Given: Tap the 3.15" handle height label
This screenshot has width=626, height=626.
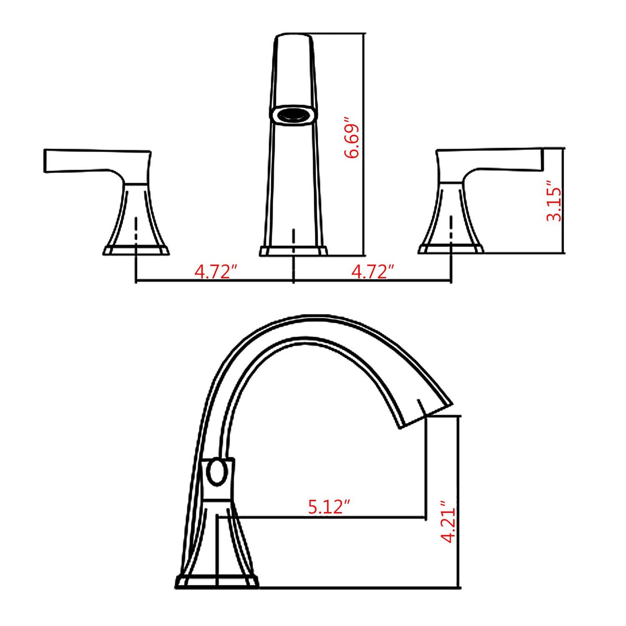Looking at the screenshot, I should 554,201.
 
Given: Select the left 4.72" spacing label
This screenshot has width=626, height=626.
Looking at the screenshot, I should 216,272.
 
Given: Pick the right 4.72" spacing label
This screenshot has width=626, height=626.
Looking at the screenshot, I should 372,272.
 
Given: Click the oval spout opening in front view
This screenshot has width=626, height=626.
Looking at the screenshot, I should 293,115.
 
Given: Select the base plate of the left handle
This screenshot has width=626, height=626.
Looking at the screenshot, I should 136,250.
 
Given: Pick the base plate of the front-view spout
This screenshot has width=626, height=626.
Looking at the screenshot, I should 293,251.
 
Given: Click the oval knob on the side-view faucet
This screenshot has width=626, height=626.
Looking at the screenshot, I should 216,473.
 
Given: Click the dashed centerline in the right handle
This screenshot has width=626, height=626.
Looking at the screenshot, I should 452,229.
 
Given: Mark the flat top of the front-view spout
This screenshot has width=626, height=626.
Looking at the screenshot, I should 293,35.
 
